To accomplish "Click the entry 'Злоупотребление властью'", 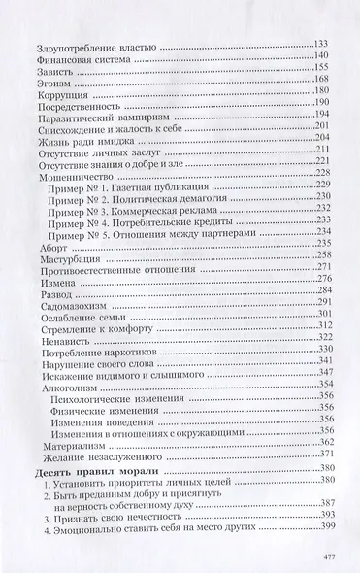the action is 87,45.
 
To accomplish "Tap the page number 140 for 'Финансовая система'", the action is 324,57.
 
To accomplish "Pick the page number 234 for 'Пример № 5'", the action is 324,233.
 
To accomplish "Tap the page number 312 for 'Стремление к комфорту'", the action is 324,329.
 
